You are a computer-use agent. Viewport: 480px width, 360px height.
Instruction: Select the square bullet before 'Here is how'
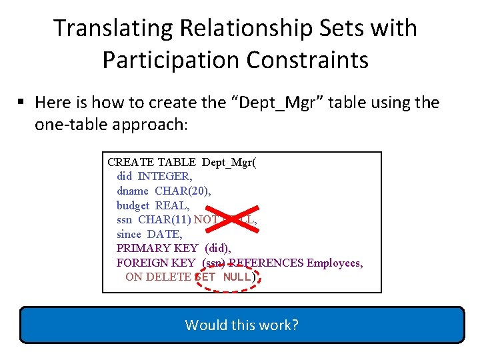pyautogui.click(x=21, y=103)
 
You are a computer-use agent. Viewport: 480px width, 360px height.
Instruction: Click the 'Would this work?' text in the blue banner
pyautogui.click(x=241, y=325)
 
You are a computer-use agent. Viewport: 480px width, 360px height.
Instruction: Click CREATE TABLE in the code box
pyautogui.click(x=151, y=162)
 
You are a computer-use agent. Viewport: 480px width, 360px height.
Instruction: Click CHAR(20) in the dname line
pyautogui.click(x=174, y=191)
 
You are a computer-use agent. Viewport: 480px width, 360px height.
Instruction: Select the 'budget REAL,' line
pyautogui.click(x=153, y=206)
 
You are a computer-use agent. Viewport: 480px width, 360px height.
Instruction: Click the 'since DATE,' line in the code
pyautogui.click(x=149, y=234)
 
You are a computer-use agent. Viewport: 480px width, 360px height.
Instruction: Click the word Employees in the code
pyautogui.click(x=334, y=263)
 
